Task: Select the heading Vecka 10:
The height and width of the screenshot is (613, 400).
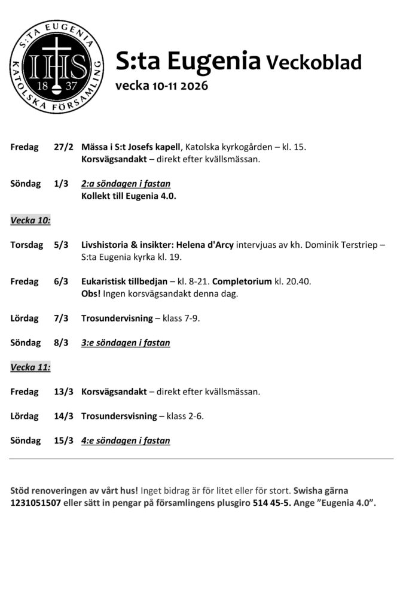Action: [x=30, y=220]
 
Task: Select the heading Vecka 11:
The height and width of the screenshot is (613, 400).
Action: [x=30, y=368]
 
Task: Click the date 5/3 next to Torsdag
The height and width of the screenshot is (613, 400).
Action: [x=61, y=245]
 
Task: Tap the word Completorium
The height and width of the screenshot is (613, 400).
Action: [x=242, y=281]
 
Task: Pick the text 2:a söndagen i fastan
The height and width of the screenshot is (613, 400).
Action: [x=126, y=184]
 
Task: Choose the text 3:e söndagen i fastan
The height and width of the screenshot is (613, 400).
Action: [x=126, y=343]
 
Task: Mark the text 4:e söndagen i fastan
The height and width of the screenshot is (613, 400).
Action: [x=126, y=441]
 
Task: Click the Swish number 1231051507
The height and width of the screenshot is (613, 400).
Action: [x=36, y=503]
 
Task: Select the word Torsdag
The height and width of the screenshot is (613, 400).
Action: [x=27, y=245]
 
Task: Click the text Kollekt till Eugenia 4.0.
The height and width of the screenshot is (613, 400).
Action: [x=129, y=196]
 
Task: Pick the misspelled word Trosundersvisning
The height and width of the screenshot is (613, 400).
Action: [x=119, y=416]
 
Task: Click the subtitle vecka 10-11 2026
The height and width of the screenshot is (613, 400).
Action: [x=161, y=86]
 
